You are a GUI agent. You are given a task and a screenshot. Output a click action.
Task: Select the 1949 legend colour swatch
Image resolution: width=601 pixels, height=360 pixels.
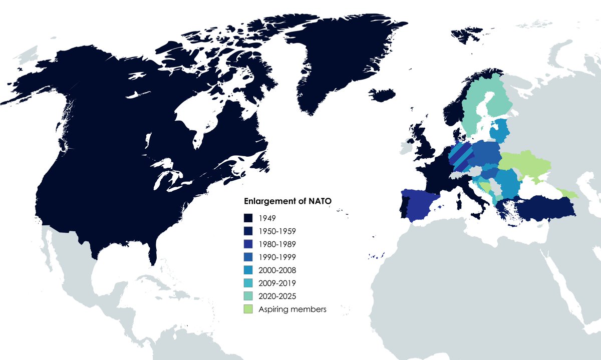point(248,218)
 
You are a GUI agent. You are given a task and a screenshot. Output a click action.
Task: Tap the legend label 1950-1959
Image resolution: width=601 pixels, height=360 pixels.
point(277,231)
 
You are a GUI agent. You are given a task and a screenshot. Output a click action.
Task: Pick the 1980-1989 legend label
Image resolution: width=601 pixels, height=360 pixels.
point(277,244)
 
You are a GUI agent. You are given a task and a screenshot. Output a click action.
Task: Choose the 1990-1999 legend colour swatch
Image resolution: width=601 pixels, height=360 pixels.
point(248,257)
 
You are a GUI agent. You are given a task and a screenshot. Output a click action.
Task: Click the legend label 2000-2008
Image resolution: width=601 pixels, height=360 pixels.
point(277,270)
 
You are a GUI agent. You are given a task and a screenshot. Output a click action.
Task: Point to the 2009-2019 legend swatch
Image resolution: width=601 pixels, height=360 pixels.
point(248,283)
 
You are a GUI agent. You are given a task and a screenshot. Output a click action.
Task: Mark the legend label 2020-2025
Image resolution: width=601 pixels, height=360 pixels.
point(277,296)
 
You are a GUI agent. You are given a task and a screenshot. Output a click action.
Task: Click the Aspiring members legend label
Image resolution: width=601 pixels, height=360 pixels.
point(292,309)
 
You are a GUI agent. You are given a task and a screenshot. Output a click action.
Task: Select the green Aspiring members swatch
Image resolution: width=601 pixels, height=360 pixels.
point(248,309)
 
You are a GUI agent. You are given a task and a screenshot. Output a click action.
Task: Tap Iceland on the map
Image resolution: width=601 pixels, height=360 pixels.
point(383,95)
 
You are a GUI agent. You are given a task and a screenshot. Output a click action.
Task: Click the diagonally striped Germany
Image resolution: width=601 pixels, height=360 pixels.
point(461,158)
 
